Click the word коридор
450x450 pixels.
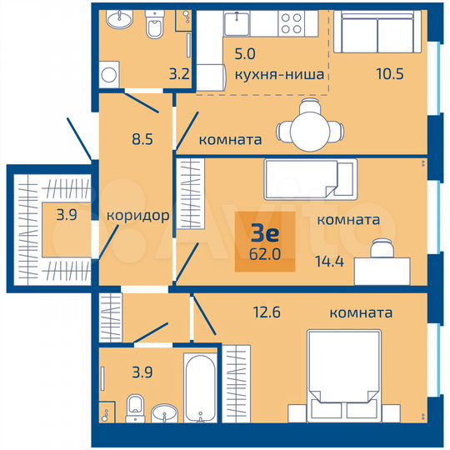[138, 215]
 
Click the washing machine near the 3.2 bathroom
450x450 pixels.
[108, 75]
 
